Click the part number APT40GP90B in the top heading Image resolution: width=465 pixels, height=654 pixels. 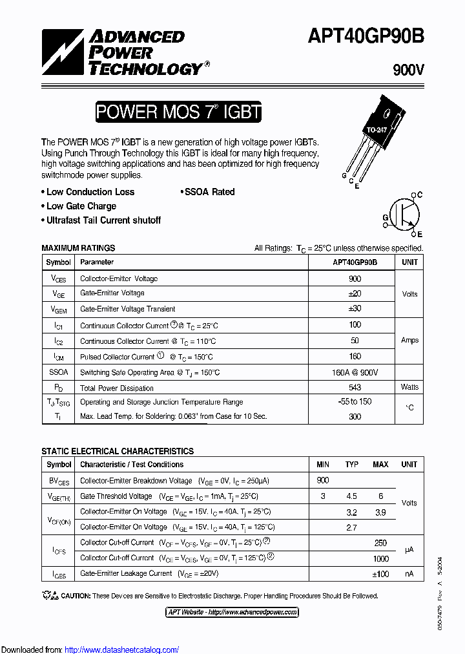pyautogui.click(x=374, y=36)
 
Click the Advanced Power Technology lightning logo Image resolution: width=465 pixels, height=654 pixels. pyautogui.click(x=63, y=52)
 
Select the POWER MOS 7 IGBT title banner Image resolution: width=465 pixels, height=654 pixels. pyautogui.click(x=178, y=112)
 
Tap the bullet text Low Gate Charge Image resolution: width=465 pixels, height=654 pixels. pyautogui.click(x=81, y=206)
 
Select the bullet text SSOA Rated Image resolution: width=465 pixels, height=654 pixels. pyautogui.click(x=209, y=192)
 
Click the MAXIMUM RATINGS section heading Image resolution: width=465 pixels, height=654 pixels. pyautogui.click(x=78, y=248)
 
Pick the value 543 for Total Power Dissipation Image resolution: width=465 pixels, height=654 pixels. pyautogui.click(x=355, y=388)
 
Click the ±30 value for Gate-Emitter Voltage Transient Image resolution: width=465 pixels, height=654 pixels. pyautogui.click(x=355, y=309)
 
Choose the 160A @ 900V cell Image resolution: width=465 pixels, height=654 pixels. pyautogui.click(x=355, y=372)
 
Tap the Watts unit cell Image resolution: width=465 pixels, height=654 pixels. pyautogui.click(x=409, y=387)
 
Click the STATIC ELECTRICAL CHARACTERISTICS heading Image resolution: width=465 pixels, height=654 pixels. pyautogui.click(x=118, y=451)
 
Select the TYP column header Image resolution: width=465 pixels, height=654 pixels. pyautogui.click(x=352, y=465)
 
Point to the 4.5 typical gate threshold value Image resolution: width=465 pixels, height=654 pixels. pyautogui.click(x=352, y=496)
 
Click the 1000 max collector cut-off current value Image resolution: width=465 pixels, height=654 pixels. pyautogui.click(x=380, y=558)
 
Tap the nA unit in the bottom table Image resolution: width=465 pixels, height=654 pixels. pyautogui.click(x=409, y=573)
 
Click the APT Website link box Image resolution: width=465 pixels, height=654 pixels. pyautogui.click(x=232, y=612)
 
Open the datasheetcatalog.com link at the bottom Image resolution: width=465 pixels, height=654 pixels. pyautogui.click(x=121, y=649)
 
